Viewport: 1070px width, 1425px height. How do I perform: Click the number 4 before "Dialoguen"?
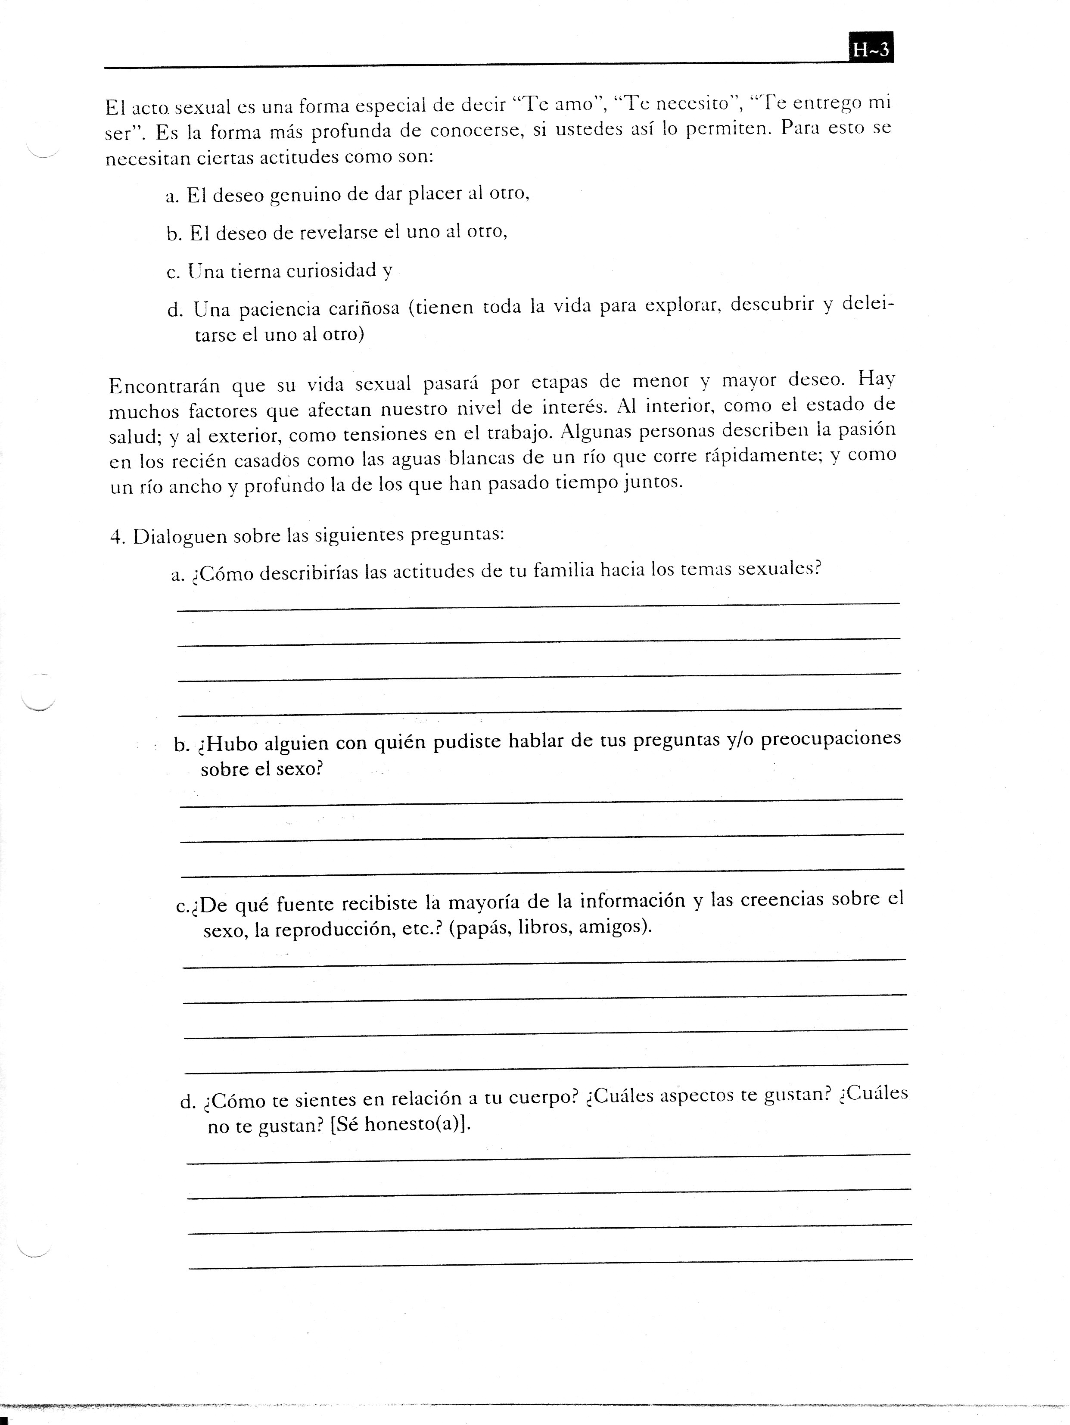[x=115, y=537]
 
